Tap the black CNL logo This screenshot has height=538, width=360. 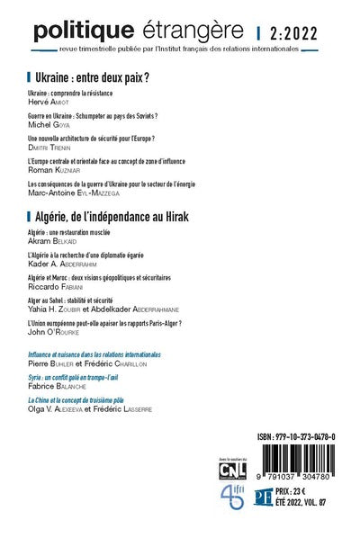coord(235,468)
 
